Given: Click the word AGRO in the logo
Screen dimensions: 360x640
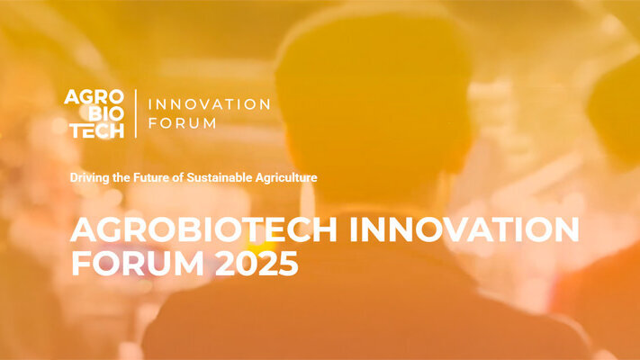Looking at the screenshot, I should tap(94, 97).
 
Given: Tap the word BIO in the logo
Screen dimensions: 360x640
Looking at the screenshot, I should tap(105, 113).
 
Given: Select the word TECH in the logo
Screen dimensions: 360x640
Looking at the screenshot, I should tap(97, 130).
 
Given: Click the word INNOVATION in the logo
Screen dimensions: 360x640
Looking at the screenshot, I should tap(208, 104).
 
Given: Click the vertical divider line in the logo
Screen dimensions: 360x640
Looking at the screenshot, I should tap(136, 113).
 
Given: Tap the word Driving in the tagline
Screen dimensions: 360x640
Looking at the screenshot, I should tap(88, 178).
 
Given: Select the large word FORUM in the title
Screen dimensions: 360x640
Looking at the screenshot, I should tap(131, 264).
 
